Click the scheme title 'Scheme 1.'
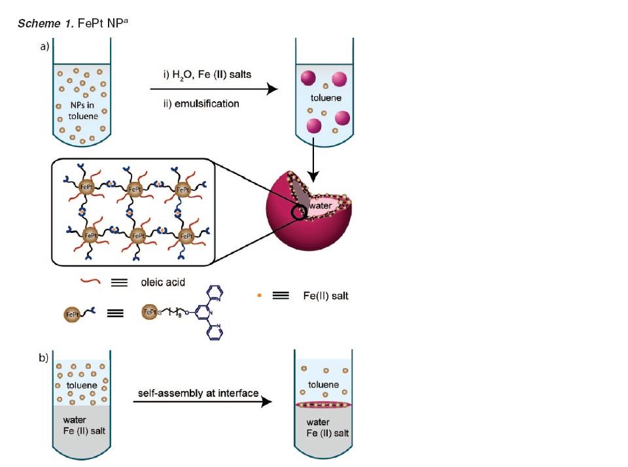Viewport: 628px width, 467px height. (41, 24)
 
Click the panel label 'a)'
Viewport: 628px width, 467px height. (44, 47)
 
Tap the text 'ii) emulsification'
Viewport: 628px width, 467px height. (201, 103)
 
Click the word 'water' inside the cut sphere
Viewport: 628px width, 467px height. (321, 205)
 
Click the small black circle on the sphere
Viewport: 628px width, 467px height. (300, 213)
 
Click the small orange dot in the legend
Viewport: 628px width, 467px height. (259, 296)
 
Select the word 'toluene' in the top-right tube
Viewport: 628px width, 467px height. (325, 98)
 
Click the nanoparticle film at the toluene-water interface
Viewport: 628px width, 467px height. (325, 406)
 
